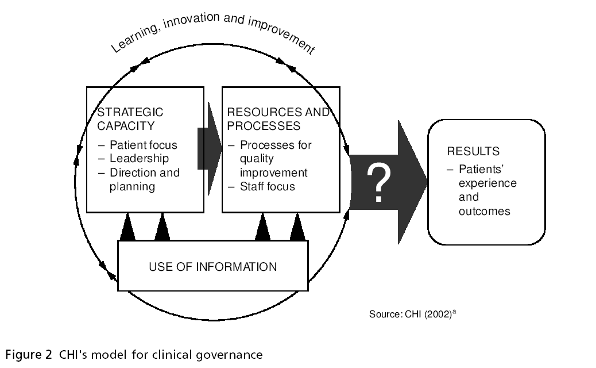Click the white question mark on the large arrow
point(378,183)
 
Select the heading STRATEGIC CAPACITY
point(130,119)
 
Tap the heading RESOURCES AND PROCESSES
point(278,119)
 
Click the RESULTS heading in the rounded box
point(473,152)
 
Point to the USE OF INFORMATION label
point(212,267)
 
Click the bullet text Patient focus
point(144,145)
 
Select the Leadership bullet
point(139,159)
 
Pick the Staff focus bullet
point(268,186)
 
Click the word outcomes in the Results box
point(484,211)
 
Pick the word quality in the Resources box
point(257,159)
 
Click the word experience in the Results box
point(487,183)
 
